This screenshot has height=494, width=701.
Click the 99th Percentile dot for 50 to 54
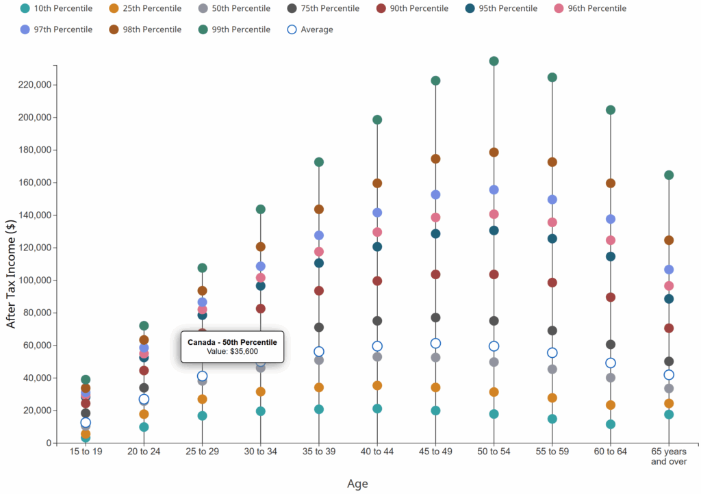pyautogui.click(x=494, y=61)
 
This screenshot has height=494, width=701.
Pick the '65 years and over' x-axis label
pyautogui.click(x=669, y=456)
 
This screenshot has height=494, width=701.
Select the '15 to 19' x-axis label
pyautogui.click(x=86, y=452)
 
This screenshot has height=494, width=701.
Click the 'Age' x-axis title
pyautogui.click(x=357, y=484)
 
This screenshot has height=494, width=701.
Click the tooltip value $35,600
pyautogui.click(x=232, y=351)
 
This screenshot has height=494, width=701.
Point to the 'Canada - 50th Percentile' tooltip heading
pyautogui.click(x=232, y=341)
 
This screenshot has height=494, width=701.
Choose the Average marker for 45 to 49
pyautogui.click(x=435, y=343)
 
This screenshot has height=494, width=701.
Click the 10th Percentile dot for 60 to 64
pyautogui.click(x=611, y=424)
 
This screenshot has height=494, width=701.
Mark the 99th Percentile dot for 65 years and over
pyautogui.click(x=669, y=175)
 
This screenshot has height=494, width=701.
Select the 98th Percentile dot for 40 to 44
pyautogui.click(x=377, y=183)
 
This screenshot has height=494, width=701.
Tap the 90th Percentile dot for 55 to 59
pyautogui.click(x=552, y=283)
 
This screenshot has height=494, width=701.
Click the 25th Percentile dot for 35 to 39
pyautogui.click(x=318, y=387)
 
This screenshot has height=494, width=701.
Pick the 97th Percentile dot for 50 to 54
pyautogui.click(x=494, y=190)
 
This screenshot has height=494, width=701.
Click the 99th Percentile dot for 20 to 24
pyautogui.click(x=144, y=326)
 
